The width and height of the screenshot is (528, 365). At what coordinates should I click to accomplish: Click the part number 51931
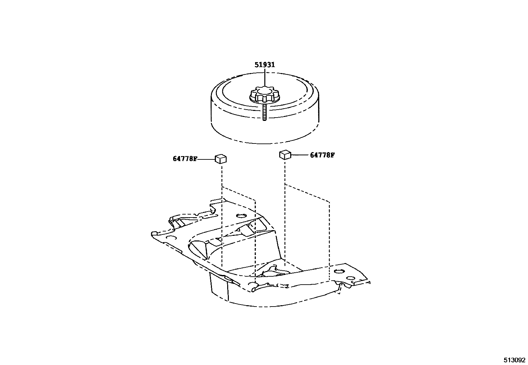[x=265, y=65]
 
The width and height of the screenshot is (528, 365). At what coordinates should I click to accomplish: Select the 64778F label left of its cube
[x=185, y=159]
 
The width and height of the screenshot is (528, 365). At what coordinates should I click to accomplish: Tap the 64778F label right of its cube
[x=322, y=155]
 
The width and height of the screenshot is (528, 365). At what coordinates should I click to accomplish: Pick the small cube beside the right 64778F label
[x=285, y=154]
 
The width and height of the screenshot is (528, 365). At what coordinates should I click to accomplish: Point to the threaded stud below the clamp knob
[x=265, y=113]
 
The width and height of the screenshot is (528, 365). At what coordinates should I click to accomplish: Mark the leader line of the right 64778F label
[x=299, y=155]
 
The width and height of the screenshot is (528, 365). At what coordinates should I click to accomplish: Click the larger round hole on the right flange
[x=338, y=271]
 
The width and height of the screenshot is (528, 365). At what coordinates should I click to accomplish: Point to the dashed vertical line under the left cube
[x=221, y=216]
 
